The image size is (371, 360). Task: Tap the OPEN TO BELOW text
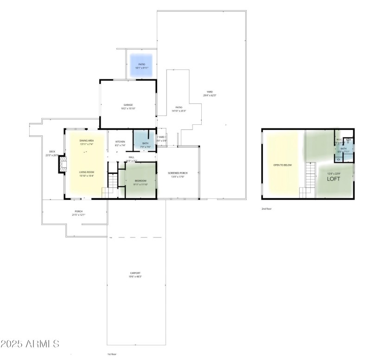282,165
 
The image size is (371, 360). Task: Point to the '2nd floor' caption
267,209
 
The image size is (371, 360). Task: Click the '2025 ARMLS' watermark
30,344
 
